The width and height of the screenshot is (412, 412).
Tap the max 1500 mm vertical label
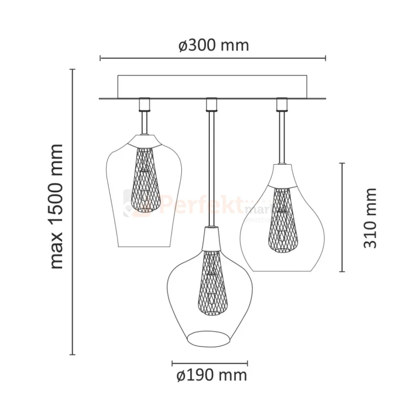[x=56, y=206]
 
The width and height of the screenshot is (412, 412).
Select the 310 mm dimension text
[x=371, y=218]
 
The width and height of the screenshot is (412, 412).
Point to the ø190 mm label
[x=211, y=376]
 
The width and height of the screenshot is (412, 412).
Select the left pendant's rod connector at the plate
[x=145, y=104]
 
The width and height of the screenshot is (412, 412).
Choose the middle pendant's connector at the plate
[x=209, y=104]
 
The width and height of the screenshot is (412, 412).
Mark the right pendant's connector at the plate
[x=282, y=104]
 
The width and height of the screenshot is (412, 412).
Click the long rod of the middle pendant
[x=209, y=165]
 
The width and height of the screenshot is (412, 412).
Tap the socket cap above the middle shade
[x=209, y=237]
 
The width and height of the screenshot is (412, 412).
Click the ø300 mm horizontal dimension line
[x=213, y=58]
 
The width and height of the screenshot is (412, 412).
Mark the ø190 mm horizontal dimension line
[x=209, y=363]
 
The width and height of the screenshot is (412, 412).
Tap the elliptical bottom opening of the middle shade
[x=209, y=336]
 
